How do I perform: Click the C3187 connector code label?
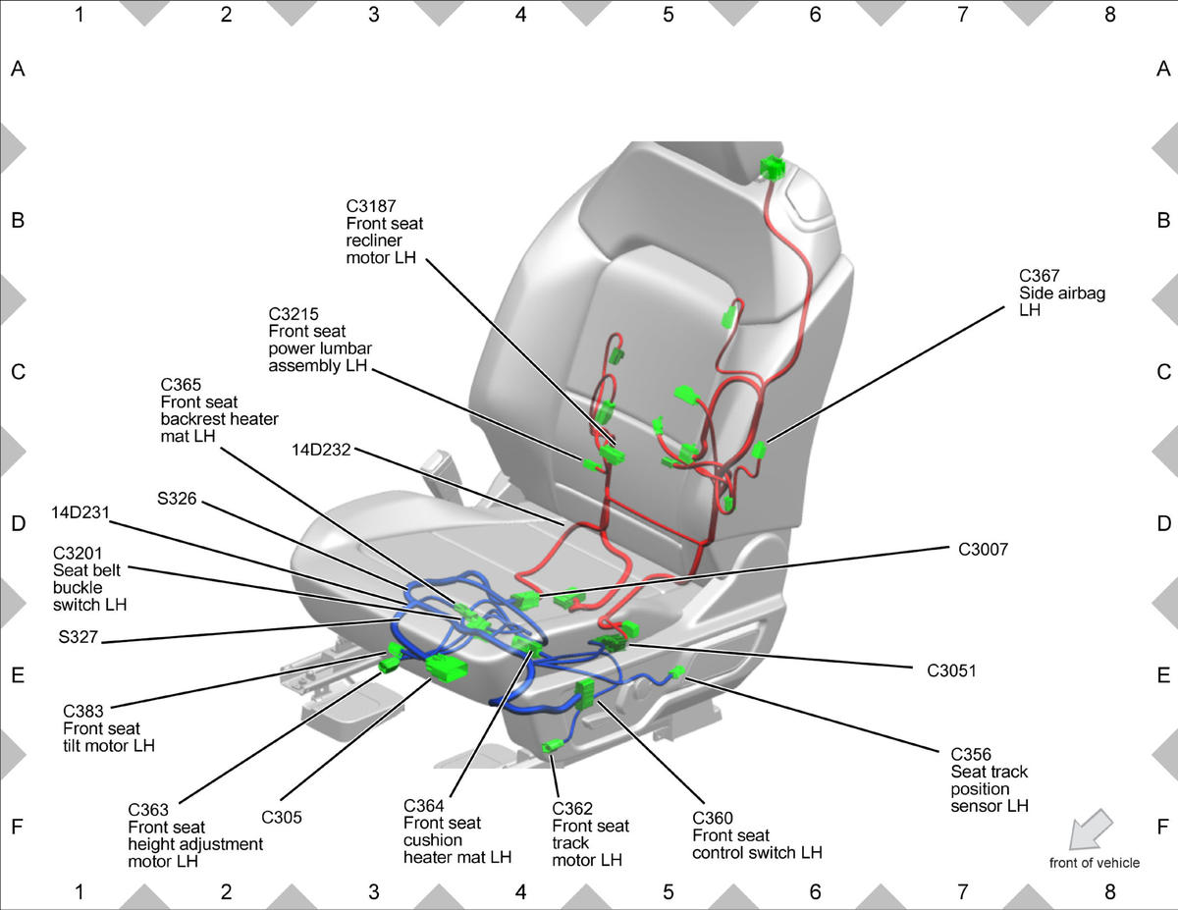click(x=371, y=206)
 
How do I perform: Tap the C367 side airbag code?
click(x=1039, y=276)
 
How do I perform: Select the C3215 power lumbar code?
click(x=294, y=314)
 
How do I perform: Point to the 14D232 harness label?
click(x=321, y=450)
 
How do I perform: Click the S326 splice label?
click(x=177, y=499)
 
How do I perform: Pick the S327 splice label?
click(x=79, y=637)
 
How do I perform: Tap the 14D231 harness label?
click(x=80, y=512)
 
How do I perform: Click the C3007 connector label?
click(x=983, y=550)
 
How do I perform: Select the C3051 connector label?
click(x=951, y=671)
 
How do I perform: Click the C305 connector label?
click(x=282, y=818)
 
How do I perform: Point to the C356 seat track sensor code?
click(x=971, y=755)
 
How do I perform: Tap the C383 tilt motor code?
click(x=82, y=711)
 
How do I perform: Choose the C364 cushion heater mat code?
click(x=423, y=806)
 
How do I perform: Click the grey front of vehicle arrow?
click(x=1090, y=830)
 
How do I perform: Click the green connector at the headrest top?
click(x=773, y=167)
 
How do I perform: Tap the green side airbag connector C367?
click(x=759, y=450)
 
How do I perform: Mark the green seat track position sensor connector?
click(x=677, y=672)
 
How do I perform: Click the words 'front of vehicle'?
click(x=1095, y=863)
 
